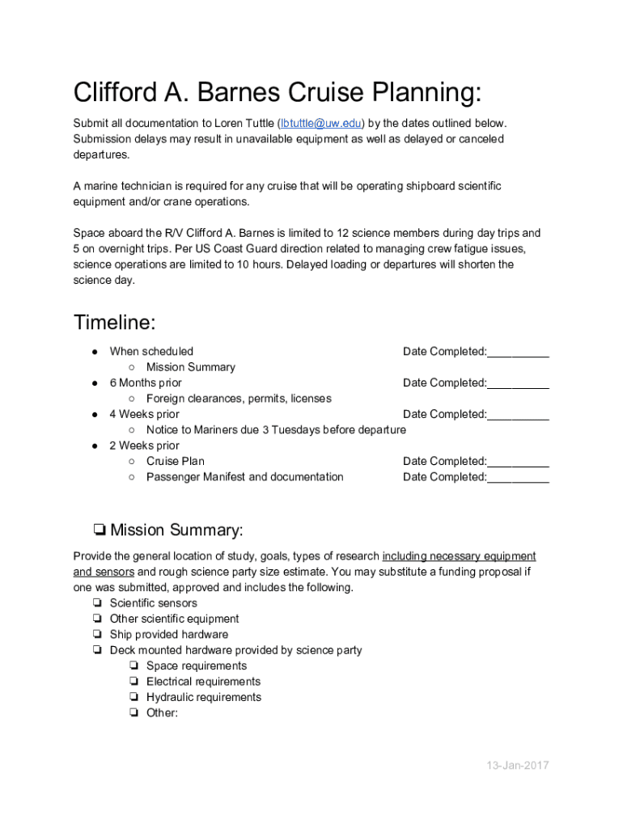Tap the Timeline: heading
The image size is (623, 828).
tap(114, 323)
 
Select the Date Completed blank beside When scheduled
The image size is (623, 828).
tap(518, 352)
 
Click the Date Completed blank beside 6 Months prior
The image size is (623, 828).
tap(518, 383)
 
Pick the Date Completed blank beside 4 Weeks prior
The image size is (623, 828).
tap(518, 415)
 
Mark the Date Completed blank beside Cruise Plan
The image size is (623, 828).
tap(518, 462)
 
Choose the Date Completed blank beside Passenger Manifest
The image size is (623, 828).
tap(518, 477)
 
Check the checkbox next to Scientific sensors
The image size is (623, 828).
tap(96, 603)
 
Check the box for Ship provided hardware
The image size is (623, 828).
tap(96, 635)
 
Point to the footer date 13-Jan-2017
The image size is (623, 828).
tap(517, 765)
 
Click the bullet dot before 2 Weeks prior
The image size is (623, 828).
tap(95, 446)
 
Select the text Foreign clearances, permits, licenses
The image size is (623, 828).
tap(239, 399)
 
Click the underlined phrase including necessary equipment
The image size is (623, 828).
tap(459, 556)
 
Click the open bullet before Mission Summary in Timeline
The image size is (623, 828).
tap(131, 367)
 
